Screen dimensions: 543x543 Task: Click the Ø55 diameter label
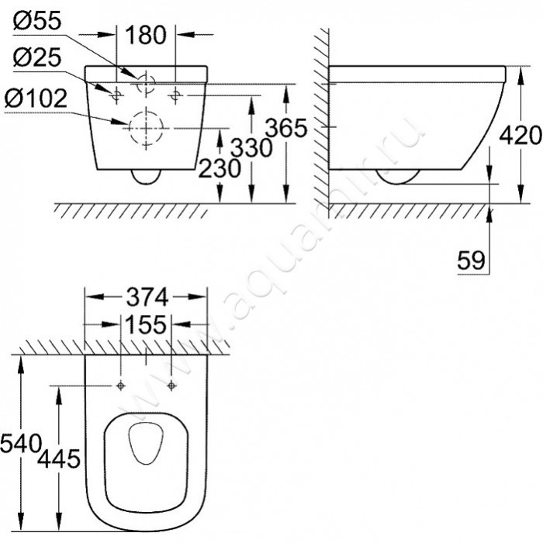click(x=37, y=20)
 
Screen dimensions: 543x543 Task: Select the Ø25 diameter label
click(x=37, y=57)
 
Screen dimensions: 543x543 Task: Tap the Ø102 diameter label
click(x=36, y=98)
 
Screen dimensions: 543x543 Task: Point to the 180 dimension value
click(x=146, y=35)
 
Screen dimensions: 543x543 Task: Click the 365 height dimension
click(x=286, y=127)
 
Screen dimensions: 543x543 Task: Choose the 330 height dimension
click(x=252, y=147)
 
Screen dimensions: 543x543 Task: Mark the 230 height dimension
click(x=220, y=168)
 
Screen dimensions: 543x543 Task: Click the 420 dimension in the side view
click(x=521, y=135)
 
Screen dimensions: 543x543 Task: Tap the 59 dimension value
click(x=472, y=260)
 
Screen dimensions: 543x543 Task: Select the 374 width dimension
click(x=147, y=297)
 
